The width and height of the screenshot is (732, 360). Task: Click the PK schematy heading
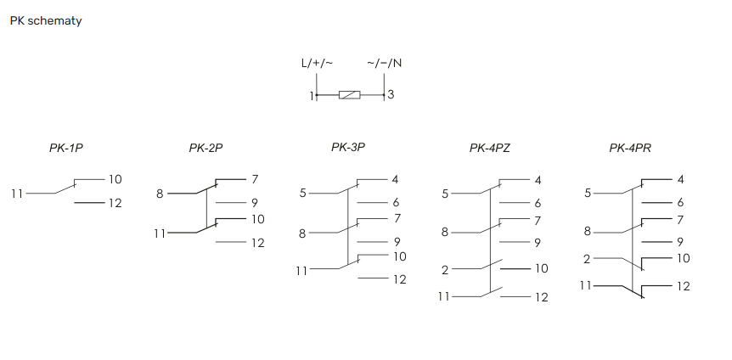[46, 21]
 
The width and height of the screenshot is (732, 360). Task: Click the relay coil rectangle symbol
[349, 95]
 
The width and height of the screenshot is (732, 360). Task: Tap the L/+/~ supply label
[317, 63]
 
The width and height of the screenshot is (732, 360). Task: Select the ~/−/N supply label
[384, 63]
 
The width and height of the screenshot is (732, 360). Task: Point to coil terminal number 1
[312, 96]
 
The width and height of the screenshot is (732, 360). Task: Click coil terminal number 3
[391, 94]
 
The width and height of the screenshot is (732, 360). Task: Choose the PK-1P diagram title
[66, 148]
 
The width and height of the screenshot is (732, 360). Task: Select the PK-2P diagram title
[206, 148]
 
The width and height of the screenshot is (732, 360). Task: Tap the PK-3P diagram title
[348, 147]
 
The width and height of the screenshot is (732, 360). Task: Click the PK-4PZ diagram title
[490, 148]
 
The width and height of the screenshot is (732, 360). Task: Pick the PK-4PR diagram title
[630, 148]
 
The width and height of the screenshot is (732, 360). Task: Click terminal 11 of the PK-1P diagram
[17, 194]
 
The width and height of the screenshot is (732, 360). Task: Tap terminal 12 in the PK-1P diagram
[115, 203]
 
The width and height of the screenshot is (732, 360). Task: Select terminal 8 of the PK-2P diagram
[160, 194]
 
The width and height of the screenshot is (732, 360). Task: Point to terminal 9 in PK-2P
[255, 203]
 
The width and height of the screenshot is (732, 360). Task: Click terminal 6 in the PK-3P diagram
[396, 203]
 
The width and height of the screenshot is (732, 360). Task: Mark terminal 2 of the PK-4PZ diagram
[445, 270]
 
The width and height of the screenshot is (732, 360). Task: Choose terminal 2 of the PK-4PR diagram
[588, 259]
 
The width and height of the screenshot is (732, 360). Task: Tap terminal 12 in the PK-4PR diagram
[683, 286]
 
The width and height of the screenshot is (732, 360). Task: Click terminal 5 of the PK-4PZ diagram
[445, 194]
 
